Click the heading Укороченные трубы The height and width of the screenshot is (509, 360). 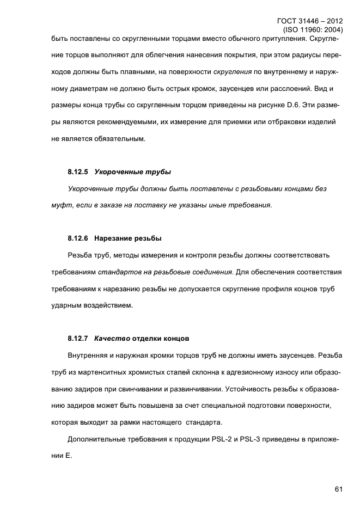[133, 171]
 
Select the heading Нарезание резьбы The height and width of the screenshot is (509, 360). [127, 238]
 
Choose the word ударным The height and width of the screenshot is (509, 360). [66, 305]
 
